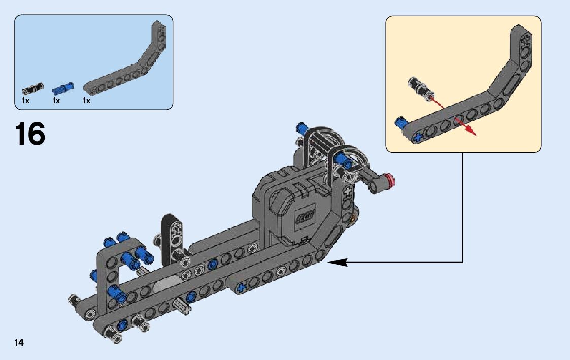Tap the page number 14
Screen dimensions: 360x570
[19, 342]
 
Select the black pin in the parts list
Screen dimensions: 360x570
[31, 89]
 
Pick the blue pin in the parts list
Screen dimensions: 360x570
[63, 88]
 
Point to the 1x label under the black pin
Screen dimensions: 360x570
[26, 101]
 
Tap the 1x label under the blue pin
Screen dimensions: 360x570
[56, 101]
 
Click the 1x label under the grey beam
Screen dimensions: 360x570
[87, 101]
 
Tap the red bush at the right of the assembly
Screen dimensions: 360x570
[390, 179]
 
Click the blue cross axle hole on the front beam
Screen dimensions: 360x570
[241, 287]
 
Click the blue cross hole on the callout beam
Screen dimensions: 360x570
[419, 137]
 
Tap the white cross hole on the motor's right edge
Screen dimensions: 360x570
[348, 193]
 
